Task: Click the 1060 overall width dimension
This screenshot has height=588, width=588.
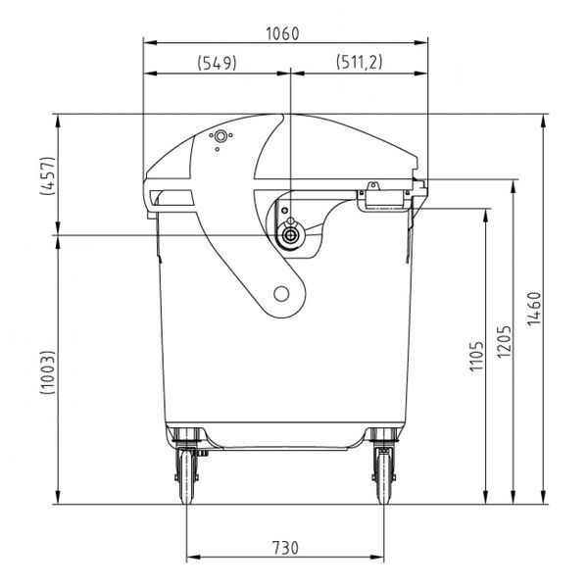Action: (283, 33)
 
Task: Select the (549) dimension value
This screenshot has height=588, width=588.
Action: (218, 63)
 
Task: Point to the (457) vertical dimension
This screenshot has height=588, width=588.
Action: (48, 175)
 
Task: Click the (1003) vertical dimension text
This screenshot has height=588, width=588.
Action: (48, 372)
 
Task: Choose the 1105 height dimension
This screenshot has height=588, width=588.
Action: (477, 356)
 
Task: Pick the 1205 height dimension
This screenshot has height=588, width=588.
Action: (504, 341)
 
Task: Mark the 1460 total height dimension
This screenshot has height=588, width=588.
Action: (534, 309)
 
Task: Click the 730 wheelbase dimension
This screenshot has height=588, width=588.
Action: (285, 547)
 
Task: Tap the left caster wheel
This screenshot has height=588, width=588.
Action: (186, 476)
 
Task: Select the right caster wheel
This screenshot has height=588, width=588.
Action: (383, 476)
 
